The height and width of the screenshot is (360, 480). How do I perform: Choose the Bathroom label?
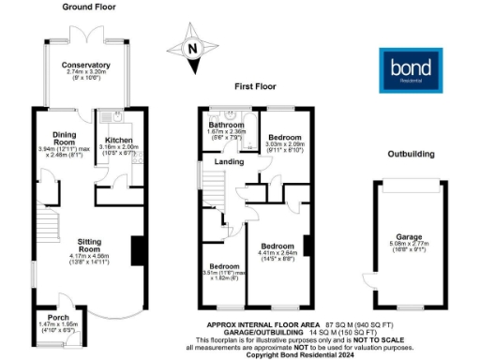pyautogui.click(x=226, y=125)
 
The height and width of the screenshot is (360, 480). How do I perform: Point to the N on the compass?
pyautogui.click(x=192, y=49)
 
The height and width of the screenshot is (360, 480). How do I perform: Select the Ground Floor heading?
pyautogui.click(x=89, y=7)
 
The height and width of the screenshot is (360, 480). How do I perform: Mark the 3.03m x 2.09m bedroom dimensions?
pyautogui.click(x=279, y=144)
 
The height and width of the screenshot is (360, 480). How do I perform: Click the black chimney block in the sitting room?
pyautogui.click(x=138, y=249)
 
